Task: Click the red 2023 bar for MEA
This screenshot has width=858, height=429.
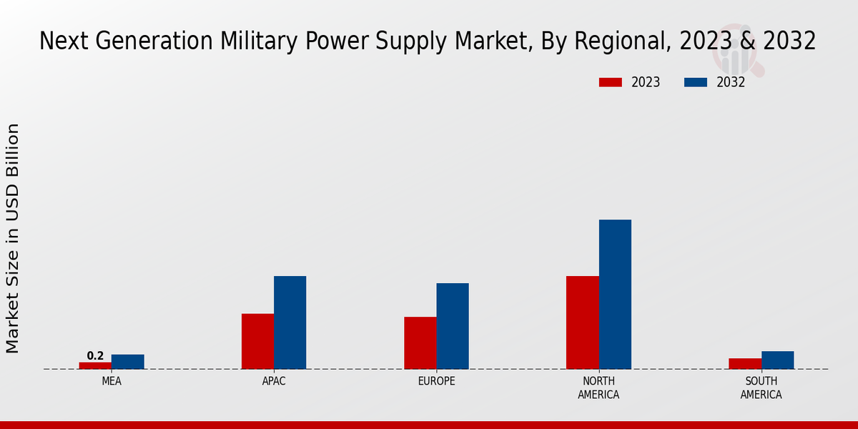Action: (x=95, y=365)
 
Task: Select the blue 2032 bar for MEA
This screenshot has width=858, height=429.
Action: (x=127, y=362)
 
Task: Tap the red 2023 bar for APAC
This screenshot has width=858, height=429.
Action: (x=257, y=341)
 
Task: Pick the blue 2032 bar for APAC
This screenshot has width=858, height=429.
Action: (x=290, y=322)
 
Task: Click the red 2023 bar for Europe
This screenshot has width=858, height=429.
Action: (x=420, y=342)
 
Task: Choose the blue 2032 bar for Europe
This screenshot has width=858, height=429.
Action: (x=453, y=326)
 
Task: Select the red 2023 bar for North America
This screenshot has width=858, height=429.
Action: (x=583, y=322)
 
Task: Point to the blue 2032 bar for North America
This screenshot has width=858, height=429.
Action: (x=615, y=294)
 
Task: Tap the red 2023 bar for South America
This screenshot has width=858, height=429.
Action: (x=745, y=363)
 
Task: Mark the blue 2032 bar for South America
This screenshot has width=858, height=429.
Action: (x=777, y=360)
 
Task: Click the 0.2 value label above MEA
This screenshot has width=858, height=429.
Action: (x=95, y=355)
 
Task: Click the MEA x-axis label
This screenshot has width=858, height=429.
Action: (x=112, y=381)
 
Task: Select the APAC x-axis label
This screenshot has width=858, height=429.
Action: (x=274, y=381)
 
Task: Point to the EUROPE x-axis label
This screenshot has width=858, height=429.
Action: (x=436, y=381)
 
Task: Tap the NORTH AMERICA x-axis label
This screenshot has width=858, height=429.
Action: (x=598, y=388)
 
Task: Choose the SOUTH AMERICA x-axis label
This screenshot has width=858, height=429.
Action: (x=761, y=388)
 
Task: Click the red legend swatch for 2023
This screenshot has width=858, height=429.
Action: (x=611, y=82)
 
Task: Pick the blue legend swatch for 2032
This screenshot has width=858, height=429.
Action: (x=696, y=82)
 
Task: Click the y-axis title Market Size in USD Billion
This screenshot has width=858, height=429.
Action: (x=13, y=238)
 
